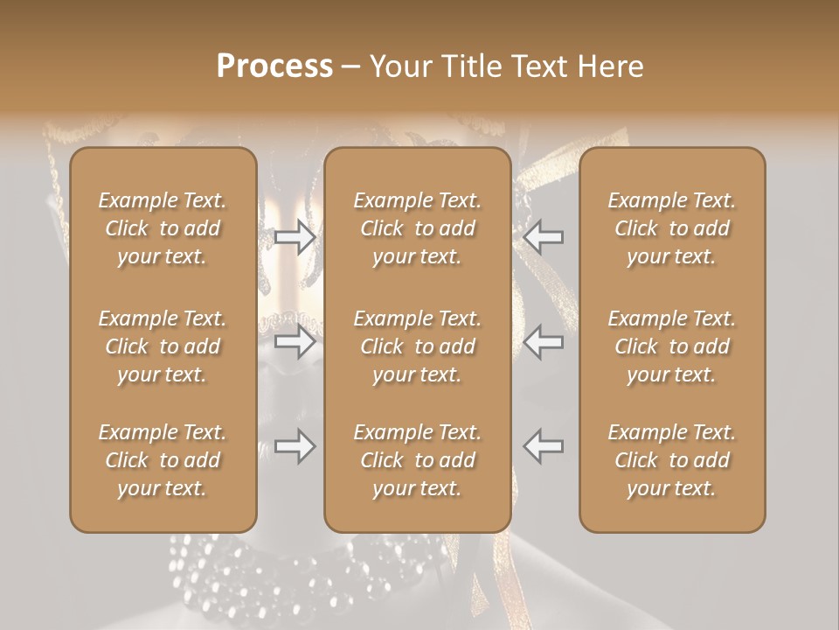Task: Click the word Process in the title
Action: point(274,66)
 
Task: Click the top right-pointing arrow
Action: point(295,236)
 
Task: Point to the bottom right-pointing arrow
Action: point(295,446)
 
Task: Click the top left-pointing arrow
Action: point(544,236)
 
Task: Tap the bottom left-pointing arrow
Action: point(544,446)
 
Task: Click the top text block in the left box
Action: point(163,228)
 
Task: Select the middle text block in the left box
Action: point(163,346)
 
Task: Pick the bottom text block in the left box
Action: point(163,460)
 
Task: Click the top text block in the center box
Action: point(417,228)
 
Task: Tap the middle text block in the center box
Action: point(417,346)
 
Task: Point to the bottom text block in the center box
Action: point(417,460)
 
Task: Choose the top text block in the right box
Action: point(671,228)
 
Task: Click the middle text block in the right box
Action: point(671,346)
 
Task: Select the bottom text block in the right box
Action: point(671,460)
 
